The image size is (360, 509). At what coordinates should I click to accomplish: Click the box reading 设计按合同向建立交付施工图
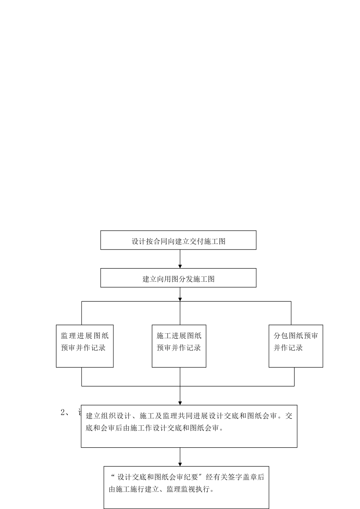tap(178, 240)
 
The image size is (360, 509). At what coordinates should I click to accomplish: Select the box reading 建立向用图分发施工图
tap(178, 278)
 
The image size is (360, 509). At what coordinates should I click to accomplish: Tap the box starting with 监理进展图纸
tap(85, 346)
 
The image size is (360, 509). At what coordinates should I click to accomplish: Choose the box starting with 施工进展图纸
tap(179, 346)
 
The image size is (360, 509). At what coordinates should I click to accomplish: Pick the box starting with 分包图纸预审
tap(296, 346)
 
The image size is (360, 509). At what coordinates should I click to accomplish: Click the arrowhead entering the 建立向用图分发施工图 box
tap(180, 266)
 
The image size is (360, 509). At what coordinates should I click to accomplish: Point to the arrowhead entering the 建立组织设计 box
tap(180, 403)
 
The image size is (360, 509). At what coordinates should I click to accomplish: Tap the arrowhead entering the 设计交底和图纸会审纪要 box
tap(180, 464)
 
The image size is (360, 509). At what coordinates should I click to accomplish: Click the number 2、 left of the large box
tap(65, 413)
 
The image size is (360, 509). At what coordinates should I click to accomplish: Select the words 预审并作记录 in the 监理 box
tap(83, 348)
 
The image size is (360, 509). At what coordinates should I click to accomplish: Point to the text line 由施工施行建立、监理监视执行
tap(162, 489)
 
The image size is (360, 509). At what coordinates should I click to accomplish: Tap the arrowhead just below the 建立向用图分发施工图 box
tap(180, 299)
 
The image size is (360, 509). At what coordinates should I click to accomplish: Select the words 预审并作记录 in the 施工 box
tap(179, 348)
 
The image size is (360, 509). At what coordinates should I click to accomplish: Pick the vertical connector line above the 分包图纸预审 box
tap(291, 313)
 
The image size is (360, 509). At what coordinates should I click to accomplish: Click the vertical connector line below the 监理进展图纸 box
tap(82, 377)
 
